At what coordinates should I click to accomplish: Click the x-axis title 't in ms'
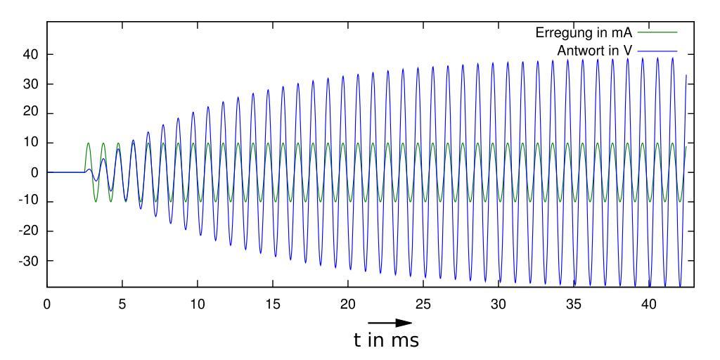coord(386,341)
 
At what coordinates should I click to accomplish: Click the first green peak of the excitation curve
coord(89,143)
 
